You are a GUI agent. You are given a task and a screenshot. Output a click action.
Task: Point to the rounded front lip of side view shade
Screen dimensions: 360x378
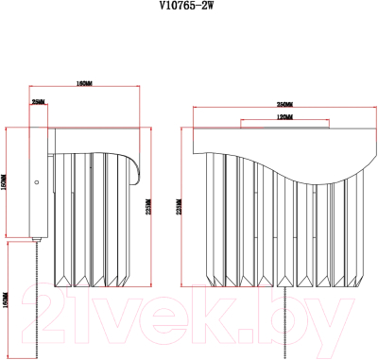click(137, 170)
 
